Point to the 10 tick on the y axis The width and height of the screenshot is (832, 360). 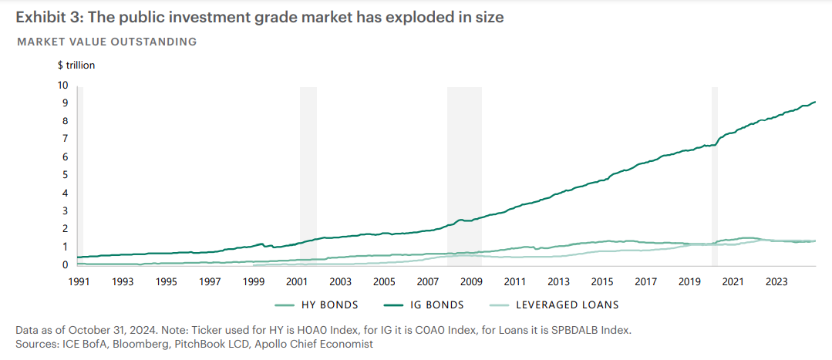(63, 85)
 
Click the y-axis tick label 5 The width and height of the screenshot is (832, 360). (66, 175)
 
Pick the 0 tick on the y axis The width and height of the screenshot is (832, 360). (66, 264)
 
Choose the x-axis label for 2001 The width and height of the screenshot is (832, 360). (297, 281)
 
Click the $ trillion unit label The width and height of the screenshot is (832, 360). (76, 66)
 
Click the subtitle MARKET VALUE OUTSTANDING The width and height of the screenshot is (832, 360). (106, 41)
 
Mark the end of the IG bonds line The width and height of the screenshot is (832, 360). (815, 102)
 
